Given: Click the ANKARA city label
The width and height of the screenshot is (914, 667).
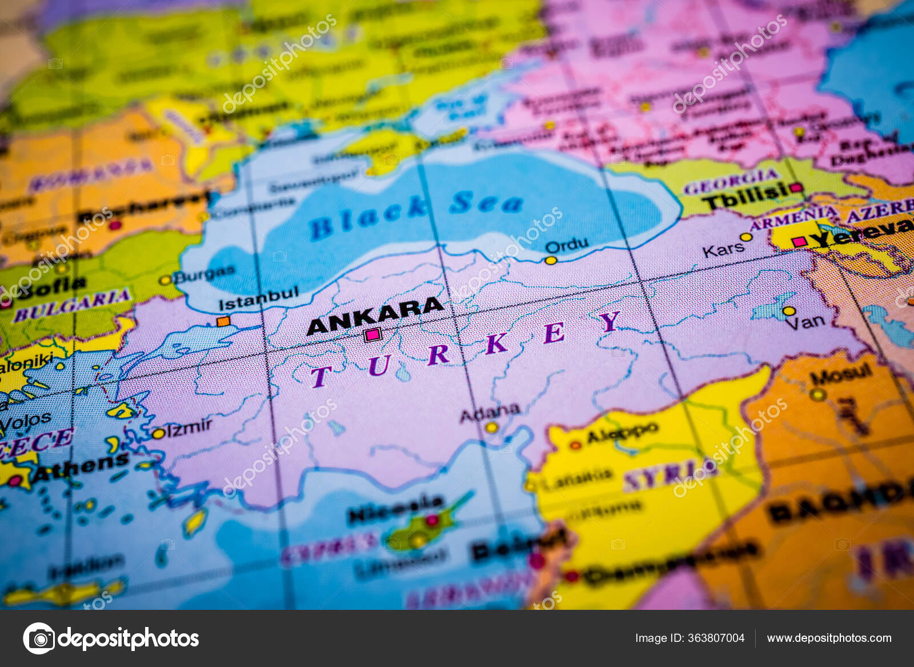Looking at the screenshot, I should tap(375, 316).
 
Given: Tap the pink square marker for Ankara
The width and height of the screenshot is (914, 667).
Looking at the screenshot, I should tap(372, 335).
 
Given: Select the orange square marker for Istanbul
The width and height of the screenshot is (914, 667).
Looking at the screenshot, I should tap(223, 321).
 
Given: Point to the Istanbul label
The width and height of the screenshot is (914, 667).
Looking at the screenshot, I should tap(258, 299).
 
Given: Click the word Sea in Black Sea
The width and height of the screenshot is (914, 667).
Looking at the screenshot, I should tap(486, 202).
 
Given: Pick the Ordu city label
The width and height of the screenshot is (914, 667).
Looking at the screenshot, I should tap(567, 246).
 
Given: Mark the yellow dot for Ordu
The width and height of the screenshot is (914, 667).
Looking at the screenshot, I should tap(551, 260).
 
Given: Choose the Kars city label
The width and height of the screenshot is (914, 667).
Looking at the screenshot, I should tap(723, 250).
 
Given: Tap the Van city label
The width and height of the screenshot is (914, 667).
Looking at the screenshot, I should tap(805, 323).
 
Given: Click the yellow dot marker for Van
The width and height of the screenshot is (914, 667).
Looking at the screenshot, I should tap(789, 311).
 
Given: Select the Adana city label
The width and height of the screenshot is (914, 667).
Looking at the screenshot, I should tap(490, 412).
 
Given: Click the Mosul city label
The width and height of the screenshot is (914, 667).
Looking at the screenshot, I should tap(841, 376).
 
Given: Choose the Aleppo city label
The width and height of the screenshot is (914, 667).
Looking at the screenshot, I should tap(622, 433).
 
